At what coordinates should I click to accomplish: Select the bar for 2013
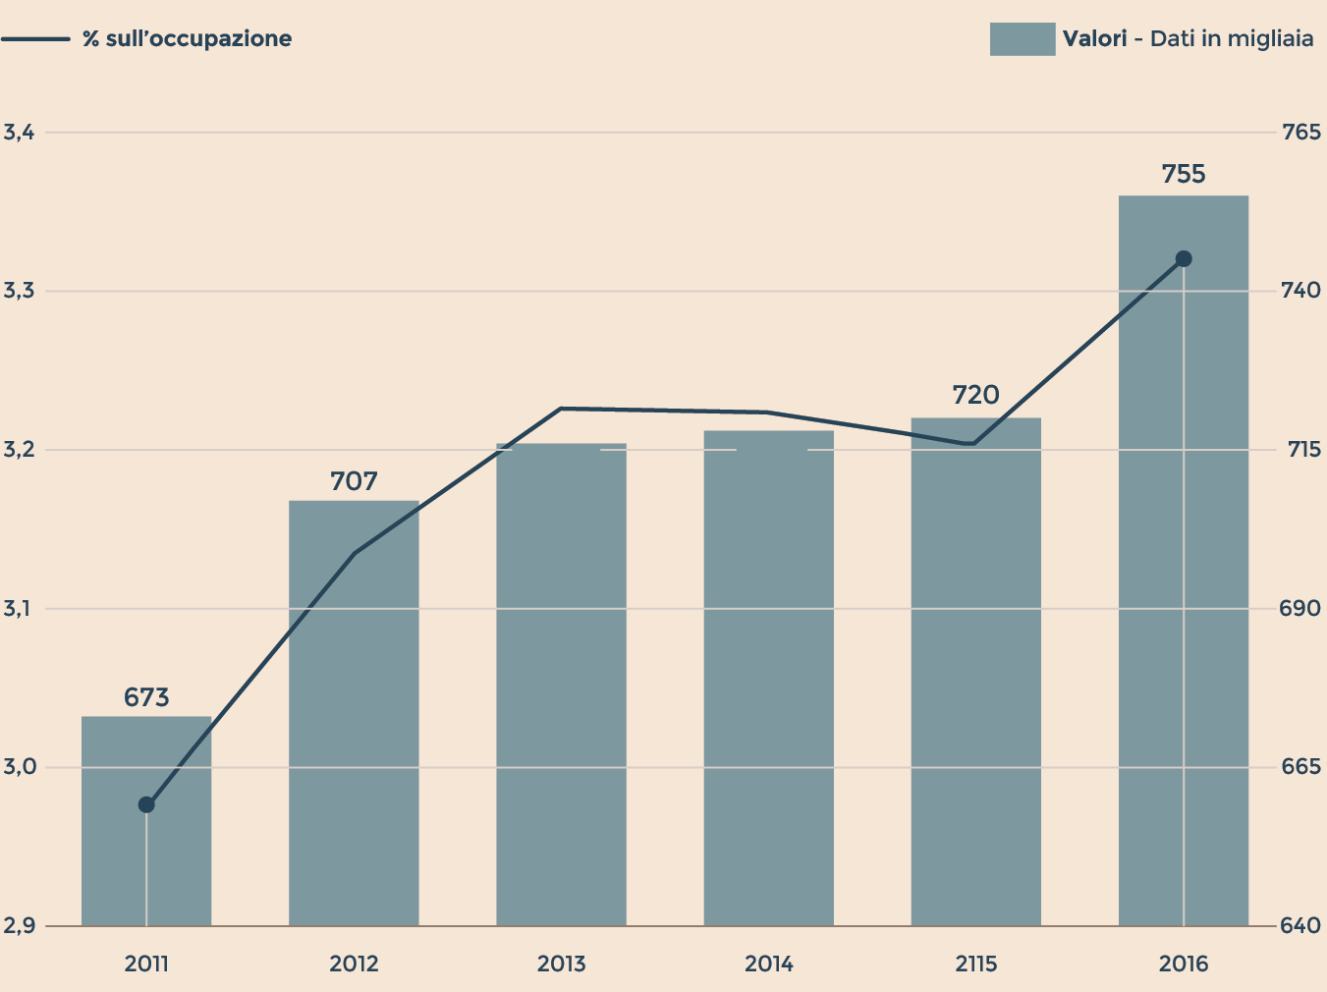(x=561, y=688)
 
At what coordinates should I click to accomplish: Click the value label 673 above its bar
(x=146, y=698)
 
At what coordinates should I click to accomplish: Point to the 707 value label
(x=354, y=482)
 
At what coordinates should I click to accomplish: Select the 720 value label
(x=975, y=396)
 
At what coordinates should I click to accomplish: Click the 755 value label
(x=1183, y=175)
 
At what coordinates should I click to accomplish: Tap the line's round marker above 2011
(x=146, y=805)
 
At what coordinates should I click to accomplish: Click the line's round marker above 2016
(x=1184, y=259)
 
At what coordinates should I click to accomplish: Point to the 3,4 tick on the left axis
(x=19, y=133)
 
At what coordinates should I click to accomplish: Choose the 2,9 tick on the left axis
(x=19, y=926)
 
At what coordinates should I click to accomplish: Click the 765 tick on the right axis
(x=1301, y=133)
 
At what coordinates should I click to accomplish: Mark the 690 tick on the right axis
(x=1301, y=609)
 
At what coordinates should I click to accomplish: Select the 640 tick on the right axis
(x=1301, y=926)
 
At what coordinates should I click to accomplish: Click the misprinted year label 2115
(x=975, y=964)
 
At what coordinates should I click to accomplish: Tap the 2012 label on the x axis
(x=354, y=964)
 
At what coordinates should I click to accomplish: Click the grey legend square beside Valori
(x=1022, y=39)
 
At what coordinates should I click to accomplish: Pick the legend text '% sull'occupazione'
(x=187, y=39)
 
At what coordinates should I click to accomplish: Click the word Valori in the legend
(x=1094, y=39)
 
